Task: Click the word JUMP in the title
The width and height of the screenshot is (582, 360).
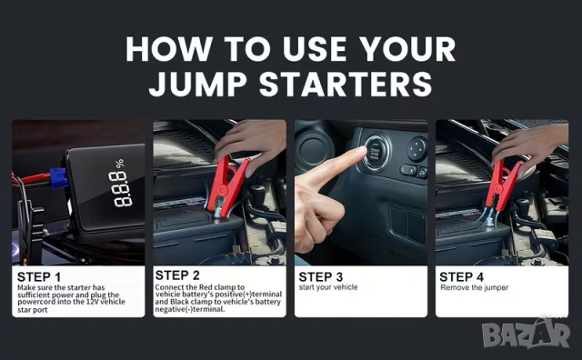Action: [x=198, y=85]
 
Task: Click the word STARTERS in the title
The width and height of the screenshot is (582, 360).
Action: [x=346, y=85]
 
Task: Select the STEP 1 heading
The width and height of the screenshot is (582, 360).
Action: [x=38, y=277]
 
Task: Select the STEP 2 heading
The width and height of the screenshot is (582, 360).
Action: [x=177, y=275]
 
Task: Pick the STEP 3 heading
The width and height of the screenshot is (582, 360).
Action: [x=321, y=277]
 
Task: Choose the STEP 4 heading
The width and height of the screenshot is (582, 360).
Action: [x=461, y=277]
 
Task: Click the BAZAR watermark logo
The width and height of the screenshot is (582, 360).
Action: [x=526, y=334]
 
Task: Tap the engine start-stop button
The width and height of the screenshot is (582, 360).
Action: [x=376, y=152]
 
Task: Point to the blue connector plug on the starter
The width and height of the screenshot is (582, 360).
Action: [x=59, y=178]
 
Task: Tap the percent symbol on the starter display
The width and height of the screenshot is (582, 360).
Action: [x=119, y=164]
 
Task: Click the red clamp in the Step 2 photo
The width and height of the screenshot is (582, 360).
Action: [x=226, y=186]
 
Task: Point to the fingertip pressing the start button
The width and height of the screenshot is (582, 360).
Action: [x=359, y=150]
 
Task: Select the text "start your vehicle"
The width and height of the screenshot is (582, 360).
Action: [x=328, y=287]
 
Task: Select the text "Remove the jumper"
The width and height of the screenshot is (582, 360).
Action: [x=475, y=287]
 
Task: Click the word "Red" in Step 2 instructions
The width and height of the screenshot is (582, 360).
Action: [x=206, y=287]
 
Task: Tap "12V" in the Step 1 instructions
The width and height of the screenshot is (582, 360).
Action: [x=93, y=302]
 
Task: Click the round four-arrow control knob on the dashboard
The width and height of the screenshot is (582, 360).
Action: [x=416, y=148]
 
